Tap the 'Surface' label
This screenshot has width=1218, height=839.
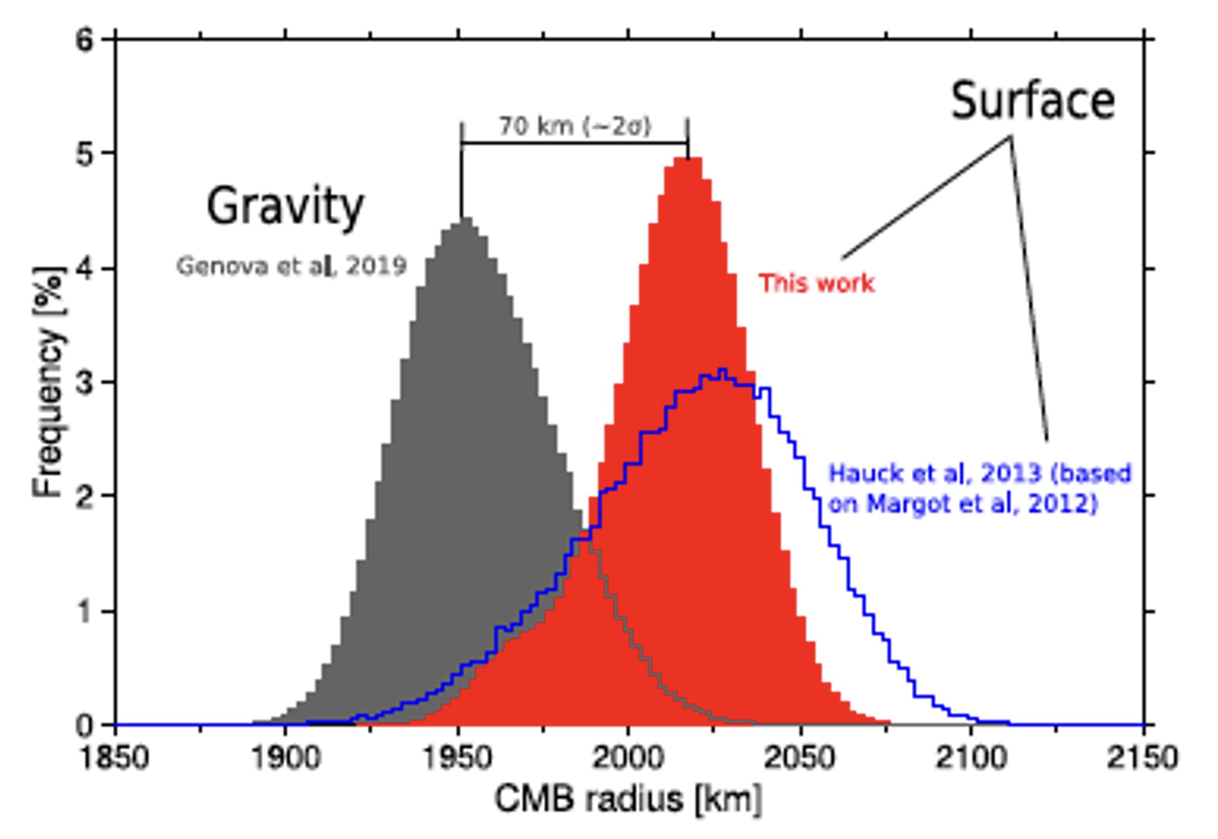point(1032,101)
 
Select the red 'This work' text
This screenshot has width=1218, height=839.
point(816,284)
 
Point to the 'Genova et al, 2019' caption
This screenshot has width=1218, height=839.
point(291,267)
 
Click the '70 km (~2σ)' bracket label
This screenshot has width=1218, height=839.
point(574,126)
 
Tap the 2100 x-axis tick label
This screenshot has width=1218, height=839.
point(971,758)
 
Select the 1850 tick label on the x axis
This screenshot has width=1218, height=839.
point(115,758)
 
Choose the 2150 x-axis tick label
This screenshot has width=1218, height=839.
point(1142,758)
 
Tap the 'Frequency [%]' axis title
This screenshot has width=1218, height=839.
point(49,382)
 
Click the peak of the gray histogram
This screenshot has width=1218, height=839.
point(464,219)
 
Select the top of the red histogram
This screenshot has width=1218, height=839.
point(688,158)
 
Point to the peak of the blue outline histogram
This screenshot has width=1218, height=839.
point(722,370)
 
